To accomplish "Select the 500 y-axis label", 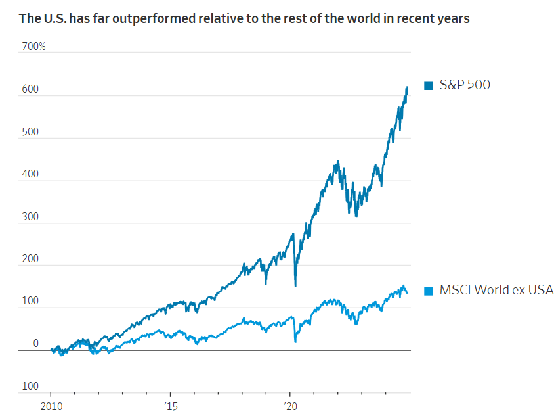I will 30,132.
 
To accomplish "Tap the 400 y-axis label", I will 30,175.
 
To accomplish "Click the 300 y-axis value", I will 30,217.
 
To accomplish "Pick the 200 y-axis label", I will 30,260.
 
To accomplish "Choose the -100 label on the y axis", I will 28,386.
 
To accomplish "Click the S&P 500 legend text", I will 465,85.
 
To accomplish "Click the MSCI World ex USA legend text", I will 496,290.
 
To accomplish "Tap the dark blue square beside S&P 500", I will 429,85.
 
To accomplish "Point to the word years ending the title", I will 454,18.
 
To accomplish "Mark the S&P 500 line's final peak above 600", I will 407,87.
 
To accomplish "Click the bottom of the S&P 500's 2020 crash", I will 295,286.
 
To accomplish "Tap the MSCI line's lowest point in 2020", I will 295,342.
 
